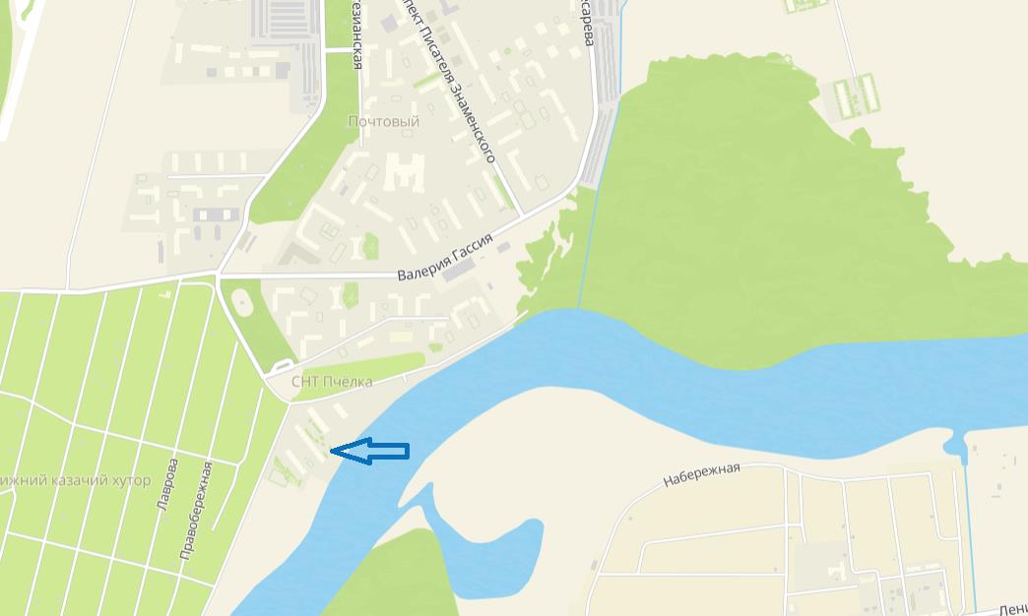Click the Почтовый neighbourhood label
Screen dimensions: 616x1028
pyautogui.click(x=383, y=122)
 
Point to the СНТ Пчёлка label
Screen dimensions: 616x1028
pyautogui.click(x=332, y=382)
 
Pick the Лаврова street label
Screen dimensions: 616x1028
pyautogui.click(x=165, y=483)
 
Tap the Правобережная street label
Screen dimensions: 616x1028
pyautogui.click(x=196, y=511)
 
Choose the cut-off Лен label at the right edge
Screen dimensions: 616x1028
pyautogui.click(x=1012, y=609)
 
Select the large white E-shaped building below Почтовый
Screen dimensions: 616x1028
pyautogui.click(x=404, y=173)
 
